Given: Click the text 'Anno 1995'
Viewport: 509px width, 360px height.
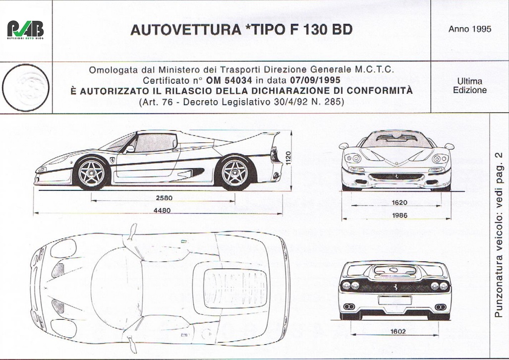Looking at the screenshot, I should click(469, 29).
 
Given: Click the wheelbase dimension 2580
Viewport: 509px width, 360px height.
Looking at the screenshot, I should click(164, 198).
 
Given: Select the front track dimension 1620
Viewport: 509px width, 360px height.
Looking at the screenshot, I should click(398, 202).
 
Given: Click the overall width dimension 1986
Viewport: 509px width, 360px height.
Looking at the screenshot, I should click(398, 215).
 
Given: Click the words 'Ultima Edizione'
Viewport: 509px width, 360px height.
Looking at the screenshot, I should click(469, 86).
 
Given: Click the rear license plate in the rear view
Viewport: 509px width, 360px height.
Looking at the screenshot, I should click(395, 300).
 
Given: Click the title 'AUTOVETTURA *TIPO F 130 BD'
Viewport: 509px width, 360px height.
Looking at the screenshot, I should click(241, 30).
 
